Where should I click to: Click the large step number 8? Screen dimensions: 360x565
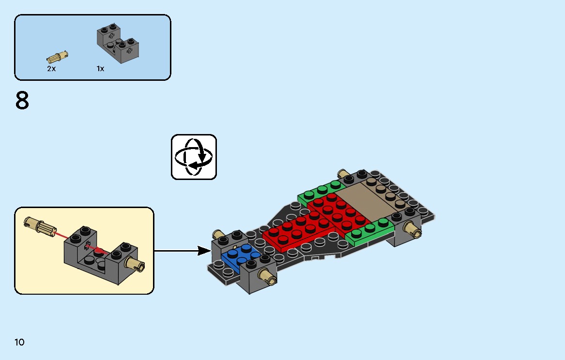pos(22,101)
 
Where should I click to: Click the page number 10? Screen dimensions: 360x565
pos(19,343)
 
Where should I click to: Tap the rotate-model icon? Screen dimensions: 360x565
pos(194,157)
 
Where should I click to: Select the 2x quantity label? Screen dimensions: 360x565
pos(51,69)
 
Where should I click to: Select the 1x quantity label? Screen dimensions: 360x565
pos(100,69)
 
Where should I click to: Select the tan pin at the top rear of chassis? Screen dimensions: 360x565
pos(344,175)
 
